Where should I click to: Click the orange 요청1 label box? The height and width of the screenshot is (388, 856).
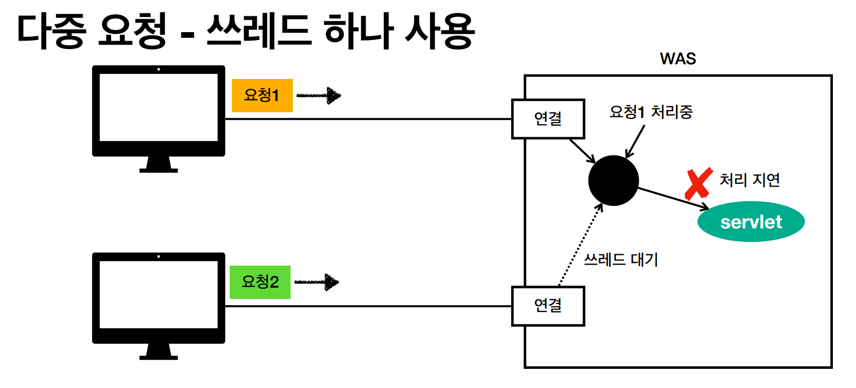[x=262, y=95]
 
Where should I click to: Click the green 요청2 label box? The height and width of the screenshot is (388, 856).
[x=260, y=282]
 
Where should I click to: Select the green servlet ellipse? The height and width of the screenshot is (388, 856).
[x=751, y=222]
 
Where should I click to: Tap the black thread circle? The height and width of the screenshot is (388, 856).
[x=613, y=180]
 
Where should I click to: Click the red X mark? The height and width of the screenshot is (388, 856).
[x=697, y=183]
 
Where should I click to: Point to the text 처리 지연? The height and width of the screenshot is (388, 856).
[x=750, y=180]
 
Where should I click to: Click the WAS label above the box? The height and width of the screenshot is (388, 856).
[x=678, y=59]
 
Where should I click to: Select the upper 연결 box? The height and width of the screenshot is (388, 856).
[x=548, y=119]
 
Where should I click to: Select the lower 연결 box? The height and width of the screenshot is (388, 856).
[x=548, y=306]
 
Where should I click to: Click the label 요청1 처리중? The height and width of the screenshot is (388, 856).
[x=651, y=112]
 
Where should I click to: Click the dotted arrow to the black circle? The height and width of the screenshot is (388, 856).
[x=578, y=246]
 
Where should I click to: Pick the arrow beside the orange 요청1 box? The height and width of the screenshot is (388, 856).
[x=319, y=96]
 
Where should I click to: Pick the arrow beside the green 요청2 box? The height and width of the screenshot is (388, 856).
[x=317, y=282]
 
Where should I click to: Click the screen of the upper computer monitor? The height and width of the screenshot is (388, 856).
[x=158, y=107]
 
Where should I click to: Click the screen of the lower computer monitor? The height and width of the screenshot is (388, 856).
[x=158, y=295]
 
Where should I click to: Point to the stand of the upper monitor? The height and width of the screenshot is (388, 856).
[x=158, y=164]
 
